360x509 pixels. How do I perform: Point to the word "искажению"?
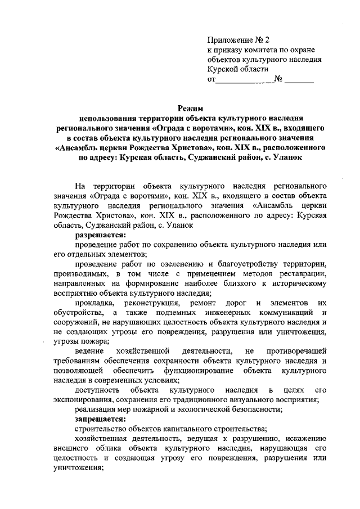[x=301, y=439]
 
